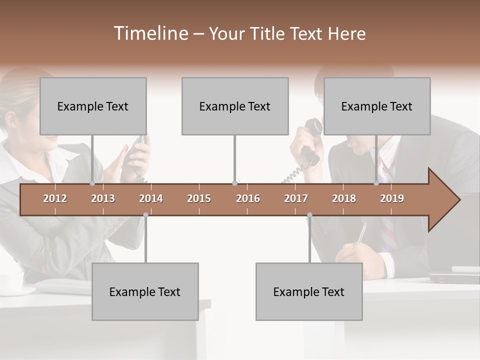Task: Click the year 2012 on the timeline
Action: click(55, 198)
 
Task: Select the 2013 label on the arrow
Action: click(103, 198)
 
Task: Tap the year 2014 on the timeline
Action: click(151, 198)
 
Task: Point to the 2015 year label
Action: click(199, 198)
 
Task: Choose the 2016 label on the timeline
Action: click(248, 198)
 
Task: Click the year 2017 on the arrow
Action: click(296, 198)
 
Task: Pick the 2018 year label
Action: click(344, 198)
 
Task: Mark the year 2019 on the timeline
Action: click(392, 198)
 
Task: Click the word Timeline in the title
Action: click(150, 33)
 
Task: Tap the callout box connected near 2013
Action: click(93, 106)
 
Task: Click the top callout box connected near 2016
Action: click(235, 106)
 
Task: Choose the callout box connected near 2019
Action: click(377, 106)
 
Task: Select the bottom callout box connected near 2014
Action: click(145, 291)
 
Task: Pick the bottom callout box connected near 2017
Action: click(309, 291)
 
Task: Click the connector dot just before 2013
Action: click(92, 183)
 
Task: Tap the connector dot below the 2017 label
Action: click(309, 215)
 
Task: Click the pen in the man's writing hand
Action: click(361, 233)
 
